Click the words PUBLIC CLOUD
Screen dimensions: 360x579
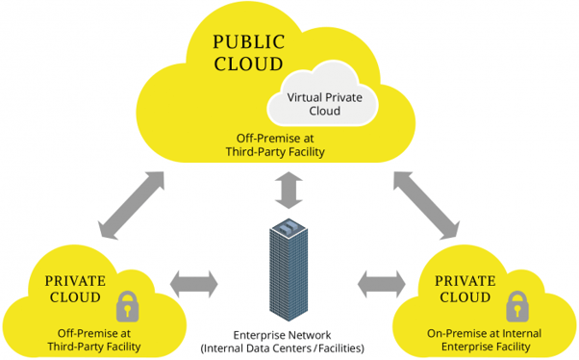pyautogui.click(x=247, y=53)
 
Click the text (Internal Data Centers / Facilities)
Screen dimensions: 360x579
pyautogui.click(x=289, y=347)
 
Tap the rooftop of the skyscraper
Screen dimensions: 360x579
pyautogui.click(x=289, y=229)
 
